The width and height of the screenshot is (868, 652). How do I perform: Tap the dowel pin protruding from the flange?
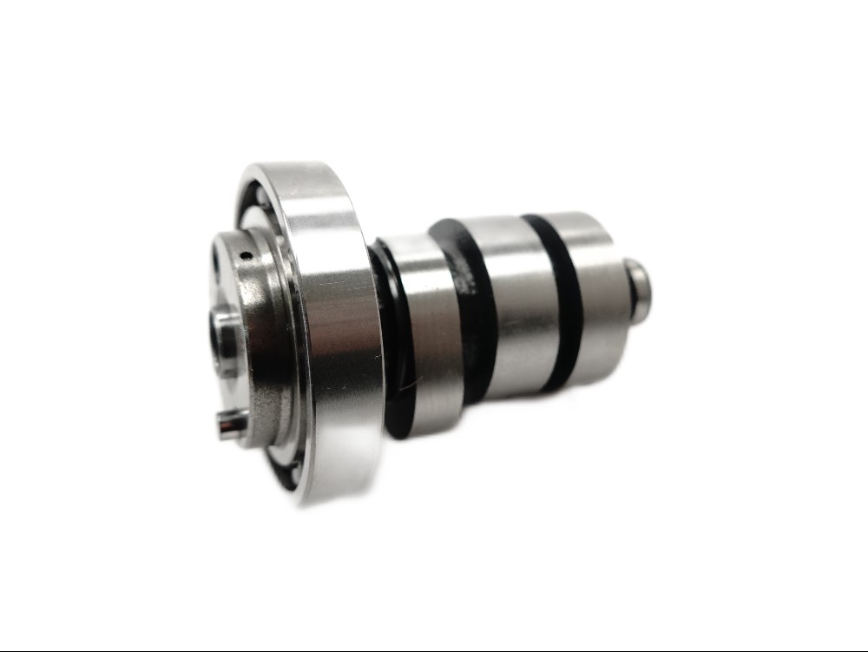(231, 426)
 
